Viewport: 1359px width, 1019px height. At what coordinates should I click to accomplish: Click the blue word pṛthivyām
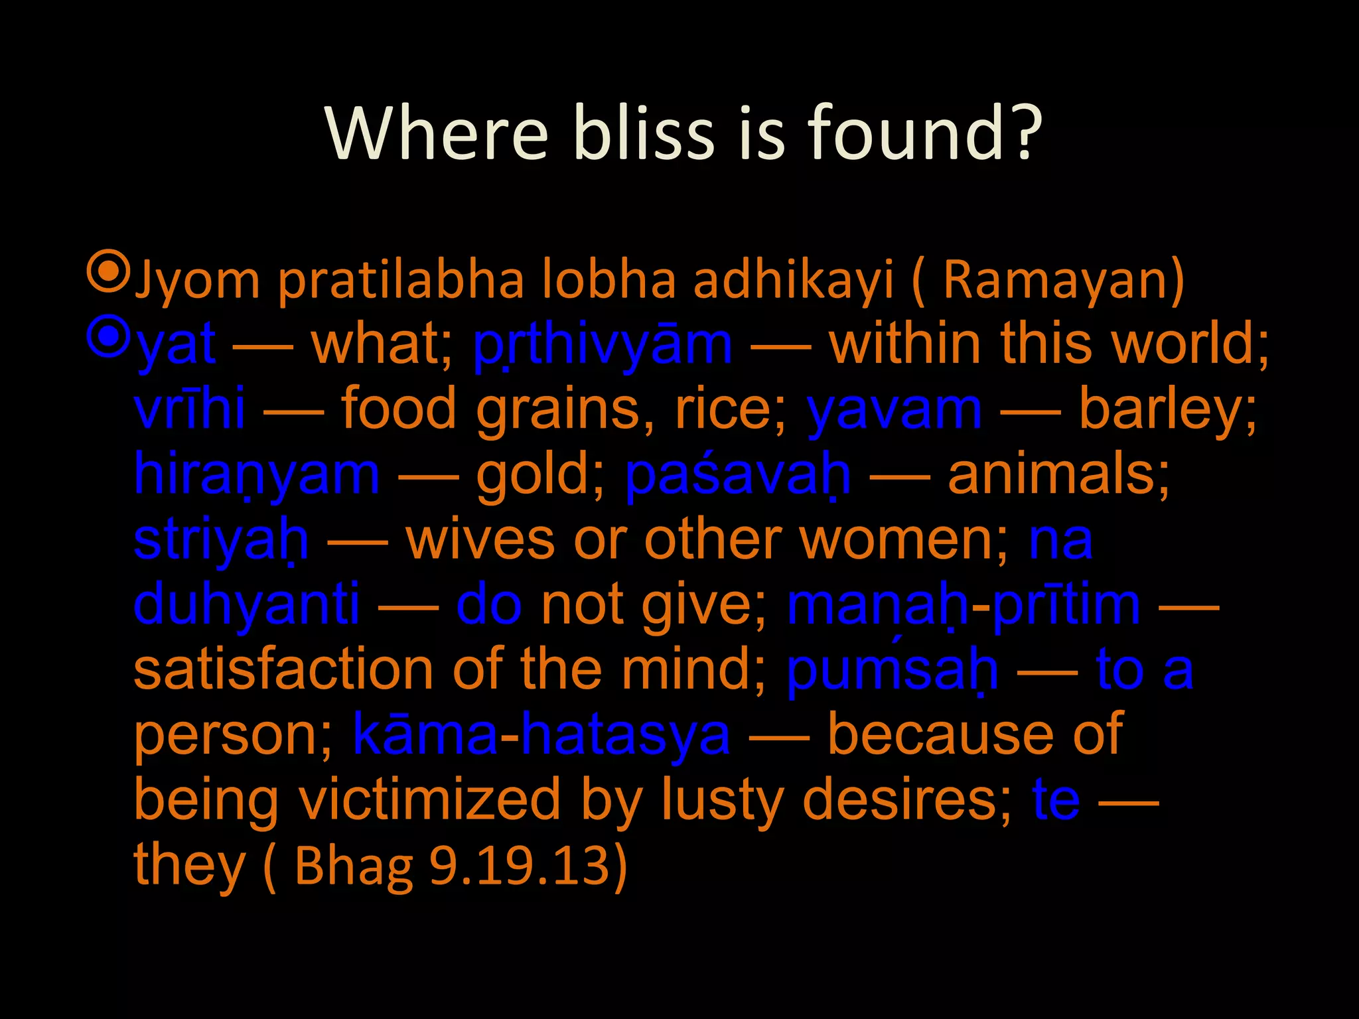click(603, 345)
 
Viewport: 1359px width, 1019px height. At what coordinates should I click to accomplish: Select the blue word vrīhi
click(189, 409)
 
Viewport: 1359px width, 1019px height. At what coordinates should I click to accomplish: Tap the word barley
click(1168, 409)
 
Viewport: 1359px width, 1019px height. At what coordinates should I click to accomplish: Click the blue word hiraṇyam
click(257, 475)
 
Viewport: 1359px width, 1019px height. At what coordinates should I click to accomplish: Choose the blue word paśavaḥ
click(737, 475)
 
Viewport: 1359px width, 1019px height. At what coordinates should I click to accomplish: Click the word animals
click(1058, 475)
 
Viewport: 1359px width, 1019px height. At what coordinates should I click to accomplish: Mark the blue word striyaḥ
click(221, 540)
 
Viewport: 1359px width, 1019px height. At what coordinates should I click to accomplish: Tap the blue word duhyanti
click(246, 604)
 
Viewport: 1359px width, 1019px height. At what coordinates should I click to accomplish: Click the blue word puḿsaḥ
click(892, 669)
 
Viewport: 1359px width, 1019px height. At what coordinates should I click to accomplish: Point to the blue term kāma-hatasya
click(541, 734)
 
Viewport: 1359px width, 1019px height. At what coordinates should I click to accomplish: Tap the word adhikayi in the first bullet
click(794, 280)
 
